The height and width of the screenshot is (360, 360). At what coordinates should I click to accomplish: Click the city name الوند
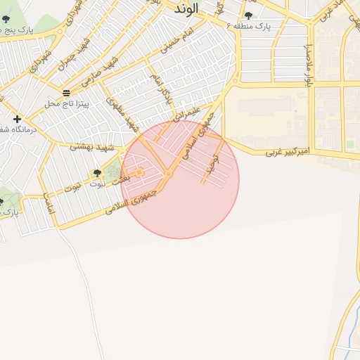tap(186, 8)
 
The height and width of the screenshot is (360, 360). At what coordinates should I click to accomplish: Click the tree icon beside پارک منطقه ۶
tap(248, 15)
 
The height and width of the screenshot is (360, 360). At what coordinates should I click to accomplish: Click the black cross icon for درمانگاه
tap(17, 119)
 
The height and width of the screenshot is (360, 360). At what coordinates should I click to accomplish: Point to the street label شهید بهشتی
tap(90, 146)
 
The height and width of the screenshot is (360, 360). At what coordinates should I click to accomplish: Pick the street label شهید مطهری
tap(121, 114)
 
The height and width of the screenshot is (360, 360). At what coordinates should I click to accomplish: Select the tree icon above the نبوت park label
tap(97, 173)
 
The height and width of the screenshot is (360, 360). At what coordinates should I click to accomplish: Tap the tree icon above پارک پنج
tap(6, 19)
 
